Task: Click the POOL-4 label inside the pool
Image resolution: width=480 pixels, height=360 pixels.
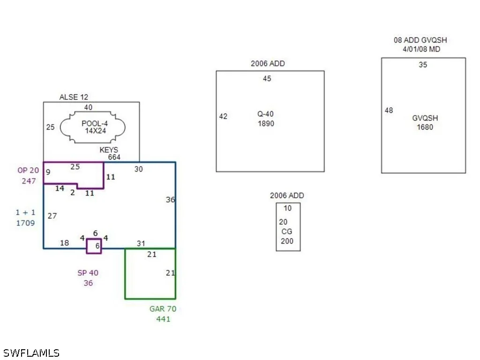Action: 95,123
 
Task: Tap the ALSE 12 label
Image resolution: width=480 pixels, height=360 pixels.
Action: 74,97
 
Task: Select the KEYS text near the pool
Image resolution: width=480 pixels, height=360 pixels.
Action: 109,150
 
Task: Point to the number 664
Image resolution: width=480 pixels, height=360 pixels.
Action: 114,157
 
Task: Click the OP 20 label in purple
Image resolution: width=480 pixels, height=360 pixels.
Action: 28,170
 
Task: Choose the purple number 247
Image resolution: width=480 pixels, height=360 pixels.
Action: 29,181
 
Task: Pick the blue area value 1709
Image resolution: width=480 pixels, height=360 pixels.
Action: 25,223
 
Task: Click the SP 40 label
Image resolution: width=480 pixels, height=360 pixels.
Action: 88,273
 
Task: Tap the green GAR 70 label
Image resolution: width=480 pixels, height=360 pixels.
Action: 163,309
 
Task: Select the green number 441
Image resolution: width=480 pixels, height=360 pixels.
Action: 163,319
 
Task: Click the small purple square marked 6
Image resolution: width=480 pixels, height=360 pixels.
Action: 87,246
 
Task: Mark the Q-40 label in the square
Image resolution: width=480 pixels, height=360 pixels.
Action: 265,114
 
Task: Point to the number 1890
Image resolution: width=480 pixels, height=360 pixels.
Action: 266,123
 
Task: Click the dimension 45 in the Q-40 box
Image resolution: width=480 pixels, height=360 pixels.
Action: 267,79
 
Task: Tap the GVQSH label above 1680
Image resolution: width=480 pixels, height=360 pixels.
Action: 425,118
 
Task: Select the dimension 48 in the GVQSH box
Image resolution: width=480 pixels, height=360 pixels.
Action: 389,110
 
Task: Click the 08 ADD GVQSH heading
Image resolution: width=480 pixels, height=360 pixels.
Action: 420,40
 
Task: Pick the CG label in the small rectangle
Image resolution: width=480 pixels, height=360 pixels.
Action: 287,232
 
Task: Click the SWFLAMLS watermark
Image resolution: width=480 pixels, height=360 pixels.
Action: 31,353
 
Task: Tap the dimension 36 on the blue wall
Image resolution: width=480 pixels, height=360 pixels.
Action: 171,200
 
